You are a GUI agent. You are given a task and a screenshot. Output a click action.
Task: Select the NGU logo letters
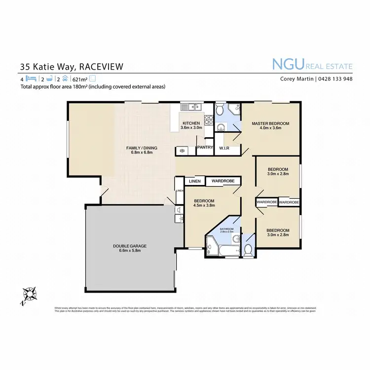[x=288, y=64]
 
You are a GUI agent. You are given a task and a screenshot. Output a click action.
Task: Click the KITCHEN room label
[x=191, y=123]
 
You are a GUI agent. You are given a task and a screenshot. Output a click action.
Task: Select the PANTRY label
[x=205, y=147]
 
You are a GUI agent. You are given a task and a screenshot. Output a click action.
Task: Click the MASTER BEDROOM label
[x=270, y=123]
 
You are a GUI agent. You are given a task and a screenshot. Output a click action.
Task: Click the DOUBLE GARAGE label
[x=130, y=246]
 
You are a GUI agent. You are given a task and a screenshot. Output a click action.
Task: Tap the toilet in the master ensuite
[x=220, y=109]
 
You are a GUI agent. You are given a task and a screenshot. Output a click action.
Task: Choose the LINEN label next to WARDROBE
[x=194, y=181]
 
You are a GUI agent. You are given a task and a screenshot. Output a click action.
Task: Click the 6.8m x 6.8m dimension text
[x=142, y=152]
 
